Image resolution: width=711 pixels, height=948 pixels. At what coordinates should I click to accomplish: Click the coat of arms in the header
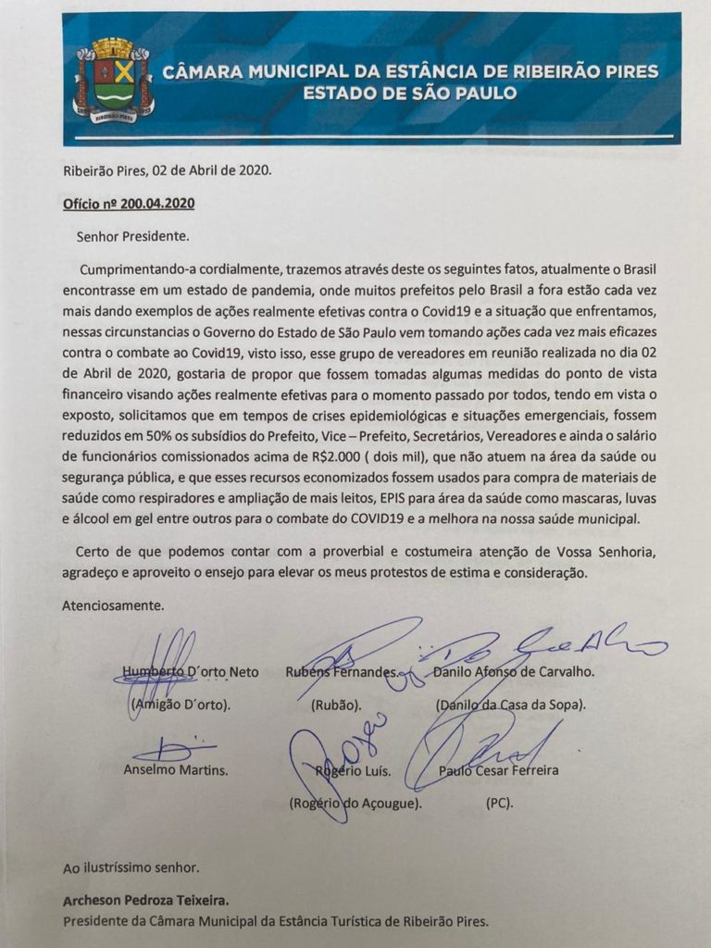pos(114,81)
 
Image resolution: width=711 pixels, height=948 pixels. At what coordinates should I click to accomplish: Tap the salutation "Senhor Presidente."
pos(133,235)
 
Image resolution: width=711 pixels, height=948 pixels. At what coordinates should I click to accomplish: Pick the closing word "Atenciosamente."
pos(113,606)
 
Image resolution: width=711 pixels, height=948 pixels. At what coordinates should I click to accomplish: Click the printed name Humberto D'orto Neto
pos(191,672)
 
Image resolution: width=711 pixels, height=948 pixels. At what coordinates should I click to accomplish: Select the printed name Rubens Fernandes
pos(343,672)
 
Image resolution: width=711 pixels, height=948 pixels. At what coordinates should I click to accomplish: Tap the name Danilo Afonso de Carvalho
pos(514,672)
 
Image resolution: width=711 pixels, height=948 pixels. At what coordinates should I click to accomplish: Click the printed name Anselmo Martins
pos(176,770)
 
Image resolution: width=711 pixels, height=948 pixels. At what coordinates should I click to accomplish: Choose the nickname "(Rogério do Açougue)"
pos(355,803)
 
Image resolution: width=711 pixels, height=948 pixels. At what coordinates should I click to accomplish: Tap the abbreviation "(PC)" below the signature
pos(499,803)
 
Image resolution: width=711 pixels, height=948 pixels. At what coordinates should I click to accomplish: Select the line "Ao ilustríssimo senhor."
pos(131,868)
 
